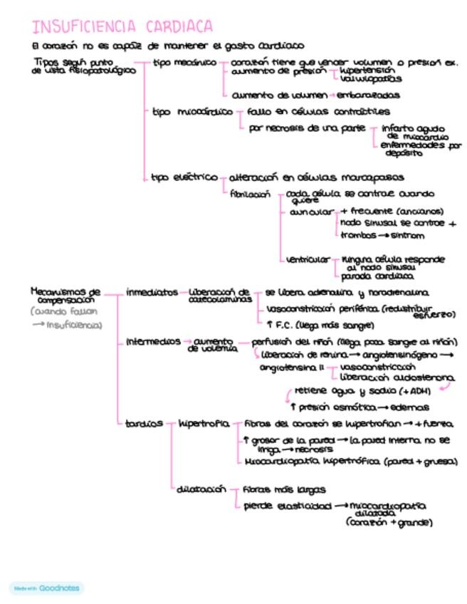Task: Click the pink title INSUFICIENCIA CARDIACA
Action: pyautogui.click(x=122, y=27)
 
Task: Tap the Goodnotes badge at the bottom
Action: pyautogui.click(x=47, y=588)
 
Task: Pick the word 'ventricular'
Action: pyautogui.click(x=308, y=259)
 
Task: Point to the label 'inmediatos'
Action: pyautogui.click(x=152, y=292)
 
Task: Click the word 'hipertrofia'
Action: pyautogui.click(x=204, y=424)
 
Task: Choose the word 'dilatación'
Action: pyautogui.click(x=201, y=489)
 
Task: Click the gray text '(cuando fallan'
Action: pyautogui.click(x=64, y=311)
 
